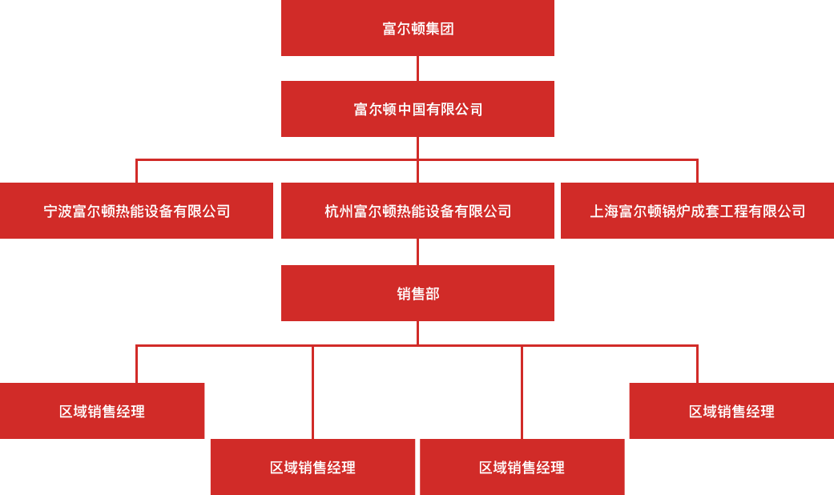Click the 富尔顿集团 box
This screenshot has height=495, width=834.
tap(417, 28)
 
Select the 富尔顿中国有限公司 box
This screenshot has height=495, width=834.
tap(417, 109)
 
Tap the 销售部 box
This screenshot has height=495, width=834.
tap(417, 293)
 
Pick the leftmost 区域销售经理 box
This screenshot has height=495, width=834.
tap(102, 411)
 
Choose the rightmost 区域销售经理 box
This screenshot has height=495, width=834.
tap(732, 411)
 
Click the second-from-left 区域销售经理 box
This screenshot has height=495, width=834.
tap(312, 467)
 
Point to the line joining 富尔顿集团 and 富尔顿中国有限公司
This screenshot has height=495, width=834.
tap(417, 69)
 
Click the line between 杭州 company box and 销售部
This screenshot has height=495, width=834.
tap(417, 252)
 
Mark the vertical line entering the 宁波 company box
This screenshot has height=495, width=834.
tap(137, 171)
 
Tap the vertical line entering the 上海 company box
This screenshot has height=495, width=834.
tap(697, 171)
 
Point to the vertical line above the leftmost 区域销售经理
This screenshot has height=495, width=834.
tap(137, 364)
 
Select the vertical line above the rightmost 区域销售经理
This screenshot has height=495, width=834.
tap(697, 364)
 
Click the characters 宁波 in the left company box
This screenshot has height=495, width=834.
tap(58, 211)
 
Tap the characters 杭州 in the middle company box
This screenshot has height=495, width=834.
tap(339, 211)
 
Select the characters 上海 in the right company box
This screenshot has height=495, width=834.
tap(604, 211)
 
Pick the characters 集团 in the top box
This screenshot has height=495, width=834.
tap(439, 28)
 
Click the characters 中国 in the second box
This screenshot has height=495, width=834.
tap(411, 109)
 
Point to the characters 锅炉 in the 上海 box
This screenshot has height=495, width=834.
tap(676, 211)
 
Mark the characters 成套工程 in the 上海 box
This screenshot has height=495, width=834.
tap(719, 211)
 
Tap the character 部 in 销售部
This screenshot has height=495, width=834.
tap(433, 293)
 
